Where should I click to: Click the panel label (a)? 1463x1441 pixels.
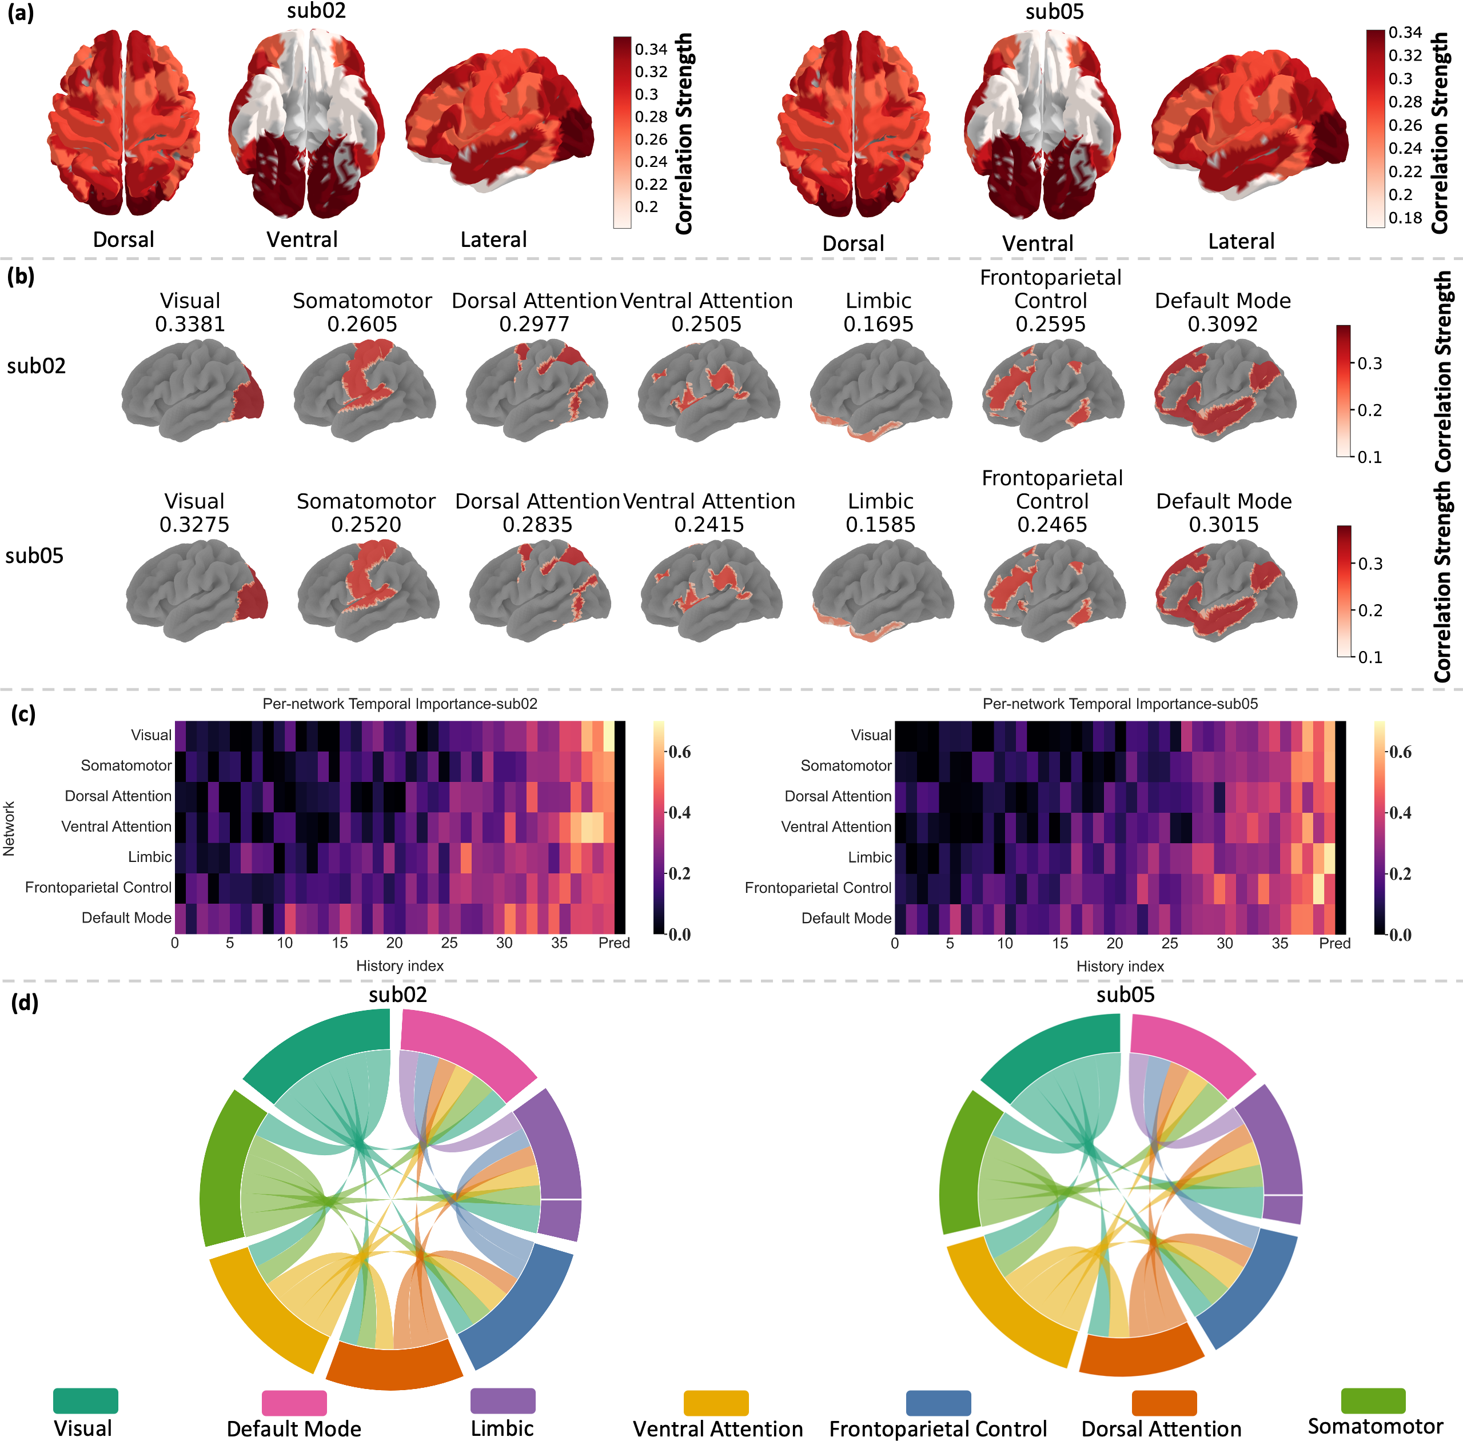[21, 13]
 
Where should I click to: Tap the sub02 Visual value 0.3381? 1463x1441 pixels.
[190, 325]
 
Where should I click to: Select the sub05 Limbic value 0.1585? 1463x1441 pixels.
[880, 525]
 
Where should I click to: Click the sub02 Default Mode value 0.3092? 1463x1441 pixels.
[1222, 325]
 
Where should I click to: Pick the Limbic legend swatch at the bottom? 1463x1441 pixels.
[503, 1401]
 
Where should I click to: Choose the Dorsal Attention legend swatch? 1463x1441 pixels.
[1164, 1402]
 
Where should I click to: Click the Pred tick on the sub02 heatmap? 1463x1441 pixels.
[614, 943]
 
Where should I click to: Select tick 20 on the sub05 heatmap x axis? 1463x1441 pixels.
[1115, 944]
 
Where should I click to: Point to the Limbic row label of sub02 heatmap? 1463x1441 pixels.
[150, 857]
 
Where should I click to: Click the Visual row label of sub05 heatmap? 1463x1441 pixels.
[871, 735]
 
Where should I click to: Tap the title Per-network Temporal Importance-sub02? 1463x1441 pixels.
[400, 704]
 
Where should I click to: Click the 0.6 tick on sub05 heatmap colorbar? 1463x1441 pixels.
[1401, 752]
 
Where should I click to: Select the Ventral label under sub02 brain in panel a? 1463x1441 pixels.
[302, 240]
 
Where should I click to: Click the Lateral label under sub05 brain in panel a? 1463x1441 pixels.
[1241, 241]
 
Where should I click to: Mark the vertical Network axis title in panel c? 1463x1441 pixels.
[9, 829]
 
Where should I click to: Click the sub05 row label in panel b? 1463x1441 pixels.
[35, 556]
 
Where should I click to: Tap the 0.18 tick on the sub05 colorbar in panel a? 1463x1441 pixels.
[1405, 218]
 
